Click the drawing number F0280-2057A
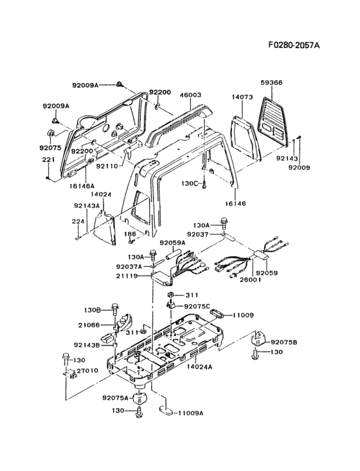point(294,45)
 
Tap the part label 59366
point(271,82)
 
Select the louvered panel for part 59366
point(275,122)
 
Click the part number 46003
point(190,95)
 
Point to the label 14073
point(242,97)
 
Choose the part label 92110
point(107,165)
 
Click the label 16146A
point(82,186)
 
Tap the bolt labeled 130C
point(204,184)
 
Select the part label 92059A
point(172,243)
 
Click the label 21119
point(127,276)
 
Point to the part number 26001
point(250,280)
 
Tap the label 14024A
point(199,367)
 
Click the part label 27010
point(87,371)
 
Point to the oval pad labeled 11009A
point(166,411)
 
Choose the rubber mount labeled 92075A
point(140,398)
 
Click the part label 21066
point(89,325)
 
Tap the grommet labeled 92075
point(51,133)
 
